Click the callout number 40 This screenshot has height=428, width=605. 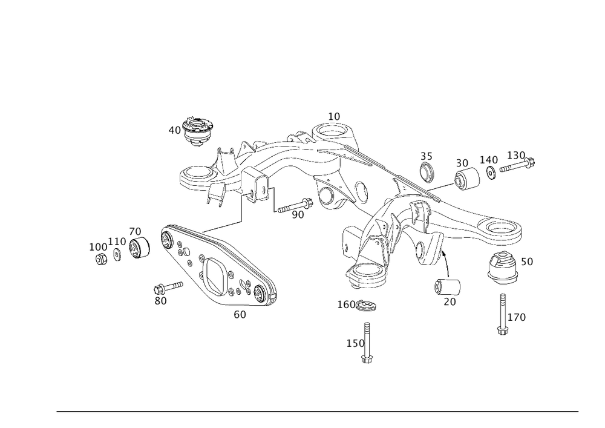click(174, 129)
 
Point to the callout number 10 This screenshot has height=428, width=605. click(335, 115)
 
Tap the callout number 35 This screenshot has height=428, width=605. click(428, 155)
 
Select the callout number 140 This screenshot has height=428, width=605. click(489, 160)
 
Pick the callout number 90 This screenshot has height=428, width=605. click(298, 214)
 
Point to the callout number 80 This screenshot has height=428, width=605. click(160, 300)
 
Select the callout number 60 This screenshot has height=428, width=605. click(240, 315)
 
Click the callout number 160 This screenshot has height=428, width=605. click(348, 305)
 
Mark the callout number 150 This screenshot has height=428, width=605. click(356, 343)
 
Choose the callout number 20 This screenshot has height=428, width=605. click(449, 302)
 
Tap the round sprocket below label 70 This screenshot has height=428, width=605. click(139, 248)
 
